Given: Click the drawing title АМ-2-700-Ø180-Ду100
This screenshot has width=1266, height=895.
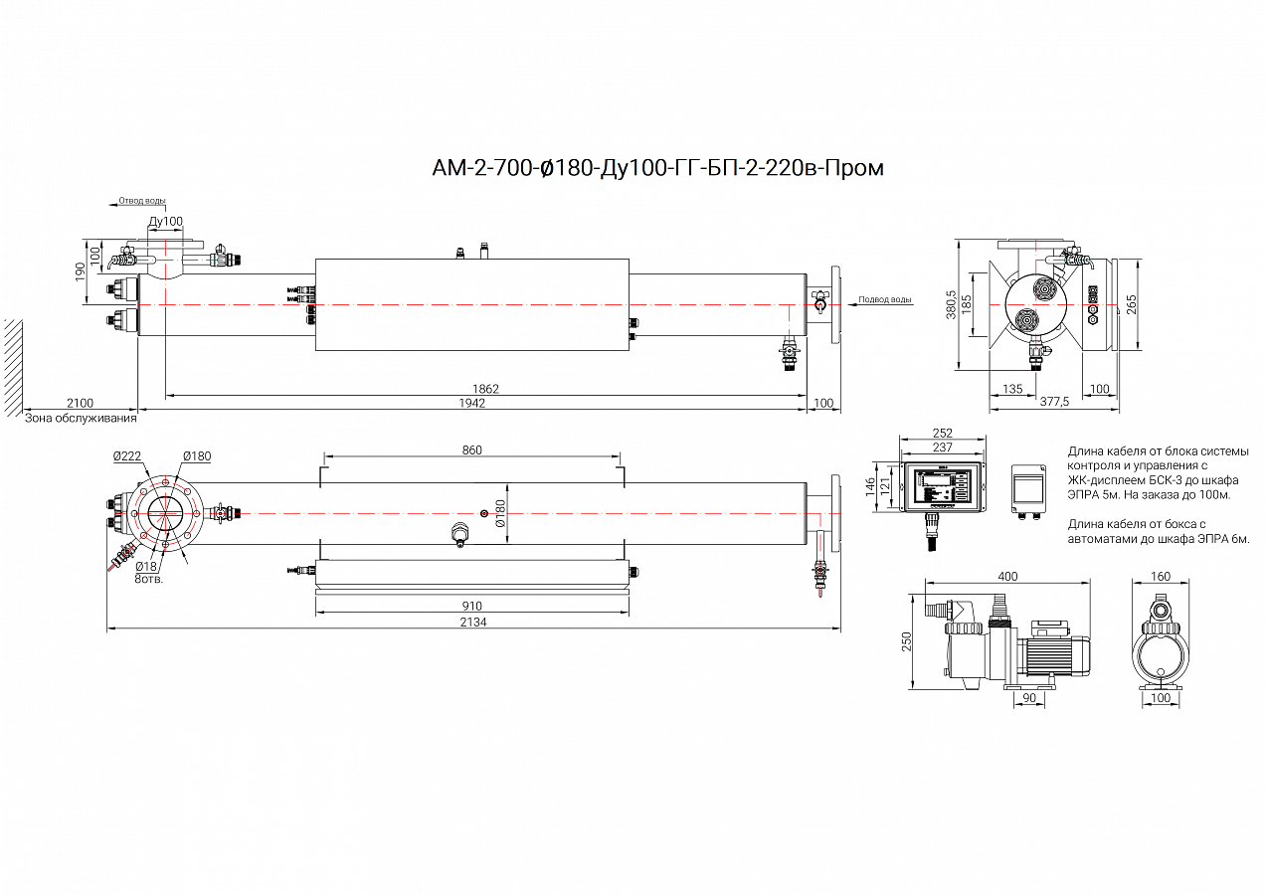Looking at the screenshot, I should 657,168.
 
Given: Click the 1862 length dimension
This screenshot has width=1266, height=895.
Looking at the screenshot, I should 485,389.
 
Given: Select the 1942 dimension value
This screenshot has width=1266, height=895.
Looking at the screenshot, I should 472,403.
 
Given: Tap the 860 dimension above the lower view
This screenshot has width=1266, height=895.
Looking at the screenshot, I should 471,450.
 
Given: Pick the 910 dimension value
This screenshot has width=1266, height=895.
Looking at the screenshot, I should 471,606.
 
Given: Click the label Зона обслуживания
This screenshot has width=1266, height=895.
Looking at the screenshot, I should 80,418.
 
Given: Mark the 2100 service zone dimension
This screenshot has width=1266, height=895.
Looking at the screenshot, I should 80,403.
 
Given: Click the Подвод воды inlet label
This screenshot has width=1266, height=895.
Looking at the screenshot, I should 884,299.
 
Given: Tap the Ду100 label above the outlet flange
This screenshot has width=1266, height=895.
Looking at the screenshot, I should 165,221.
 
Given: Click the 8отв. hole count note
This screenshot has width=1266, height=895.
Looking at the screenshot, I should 149,578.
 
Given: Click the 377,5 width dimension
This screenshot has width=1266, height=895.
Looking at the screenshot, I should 1053,402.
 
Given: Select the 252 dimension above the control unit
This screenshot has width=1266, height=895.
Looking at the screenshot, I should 942,433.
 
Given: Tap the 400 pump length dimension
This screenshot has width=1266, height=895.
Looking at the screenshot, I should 1007,577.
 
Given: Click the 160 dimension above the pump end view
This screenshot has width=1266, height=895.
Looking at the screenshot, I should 1160,577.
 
